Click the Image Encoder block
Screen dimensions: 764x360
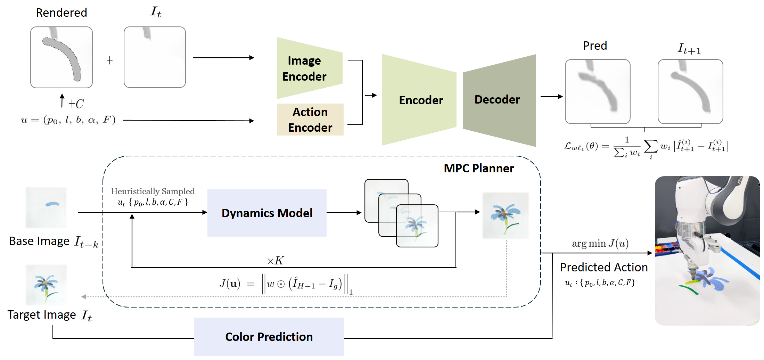(x=309, y=68)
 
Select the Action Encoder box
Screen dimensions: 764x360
(x=310, y=120)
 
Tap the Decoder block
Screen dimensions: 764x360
(x=499, y=100)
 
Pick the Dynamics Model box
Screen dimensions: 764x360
(x=267, y=213)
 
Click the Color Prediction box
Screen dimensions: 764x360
(x=269, y=337)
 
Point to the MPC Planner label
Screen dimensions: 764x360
(x=479, y=168)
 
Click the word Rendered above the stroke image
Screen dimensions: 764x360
(x=61, y=13)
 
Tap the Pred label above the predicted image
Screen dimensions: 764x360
(x=595, y=46)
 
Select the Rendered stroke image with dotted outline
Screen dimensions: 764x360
(x=61, y=57)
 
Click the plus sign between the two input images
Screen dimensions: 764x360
(x=109, y=60)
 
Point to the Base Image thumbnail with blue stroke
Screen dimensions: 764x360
(x=46, y=207)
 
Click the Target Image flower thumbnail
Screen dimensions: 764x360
(x=46, y=285)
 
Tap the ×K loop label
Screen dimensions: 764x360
(x=276, y=260)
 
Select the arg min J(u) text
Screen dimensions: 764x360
(x=600, y=243)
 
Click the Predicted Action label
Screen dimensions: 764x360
(x=604, y=267)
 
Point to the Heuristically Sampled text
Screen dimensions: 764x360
(x=153, y=191)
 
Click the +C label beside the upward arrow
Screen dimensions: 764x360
(x=76, y=104)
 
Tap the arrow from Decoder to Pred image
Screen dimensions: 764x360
(x=552, y=97)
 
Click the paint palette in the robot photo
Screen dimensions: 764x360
(x=666, y=247)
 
